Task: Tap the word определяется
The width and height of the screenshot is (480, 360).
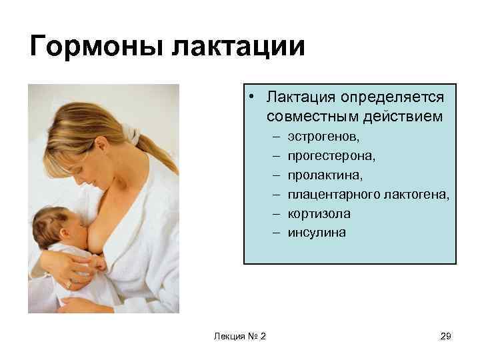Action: [x=392, y=98]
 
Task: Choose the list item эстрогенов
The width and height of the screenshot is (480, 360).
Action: [x=323, y=137]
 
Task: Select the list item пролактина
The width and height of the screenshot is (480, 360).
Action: [x=323, y=175]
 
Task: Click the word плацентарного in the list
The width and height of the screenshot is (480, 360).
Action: [x=334, y=195]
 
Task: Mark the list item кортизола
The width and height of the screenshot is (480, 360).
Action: [x=319, y=214]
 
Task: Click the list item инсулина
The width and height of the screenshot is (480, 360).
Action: [x=317, y=233]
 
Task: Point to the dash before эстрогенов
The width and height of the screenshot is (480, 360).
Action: [x=275, y=137]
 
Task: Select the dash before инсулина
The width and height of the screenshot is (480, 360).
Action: [x=275, y=233]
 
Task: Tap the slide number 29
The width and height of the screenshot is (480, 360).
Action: [x=446, y=336]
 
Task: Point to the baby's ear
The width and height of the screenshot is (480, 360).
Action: [x=50, y=231]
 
